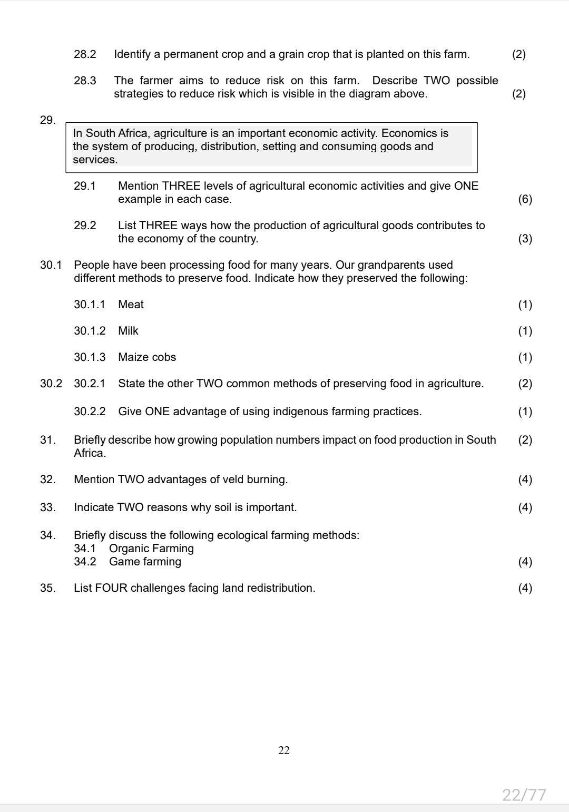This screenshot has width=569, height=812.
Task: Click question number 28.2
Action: point(85,54)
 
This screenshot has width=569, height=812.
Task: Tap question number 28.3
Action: point(85,81)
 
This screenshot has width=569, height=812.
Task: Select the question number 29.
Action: point(47,120)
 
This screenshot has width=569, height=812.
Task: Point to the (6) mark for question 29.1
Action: point(525,199)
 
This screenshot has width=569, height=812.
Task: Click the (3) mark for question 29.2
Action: point(525,239)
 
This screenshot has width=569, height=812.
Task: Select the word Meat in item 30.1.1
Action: point(131,305)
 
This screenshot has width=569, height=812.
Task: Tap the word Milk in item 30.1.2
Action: point(128,331)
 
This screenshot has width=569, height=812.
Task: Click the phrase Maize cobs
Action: point(147,357)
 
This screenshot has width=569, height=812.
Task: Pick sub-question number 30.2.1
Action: point(90,384)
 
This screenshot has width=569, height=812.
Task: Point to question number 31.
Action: point(47,440)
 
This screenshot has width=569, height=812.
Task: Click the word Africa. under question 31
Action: point(90,453)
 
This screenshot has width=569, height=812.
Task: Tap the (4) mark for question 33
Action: point(525,507)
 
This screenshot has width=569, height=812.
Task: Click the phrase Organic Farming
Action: point(151,549)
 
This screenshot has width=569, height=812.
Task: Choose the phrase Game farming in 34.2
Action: point(145,562)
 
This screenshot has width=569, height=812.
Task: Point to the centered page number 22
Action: point(284,750)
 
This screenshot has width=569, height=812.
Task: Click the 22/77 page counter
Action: point(524,795)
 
